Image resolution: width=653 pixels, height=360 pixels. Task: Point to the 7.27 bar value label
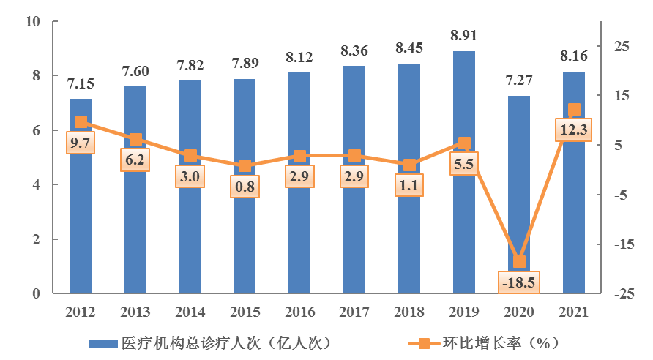(518, 81)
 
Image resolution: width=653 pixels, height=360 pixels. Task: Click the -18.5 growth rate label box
(518, 282)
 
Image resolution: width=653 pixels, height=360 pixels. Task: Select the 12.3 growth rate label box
(574, 130)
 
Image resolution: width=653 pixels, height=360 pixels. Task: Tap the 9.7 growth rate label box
(81, 143)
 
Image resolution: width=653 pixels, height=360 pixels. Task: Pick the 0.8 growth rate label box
(245, 187)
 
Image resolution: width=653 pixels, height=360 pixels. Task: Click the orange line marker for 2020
(518, 261)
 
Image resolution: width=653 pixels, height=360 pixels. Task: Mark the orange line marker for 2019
(463, 143)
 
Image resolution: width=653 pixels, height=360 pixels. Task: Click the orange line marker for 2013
(135, 140)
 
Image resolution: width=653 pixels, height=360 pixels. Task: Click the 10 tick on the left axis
(32, 22)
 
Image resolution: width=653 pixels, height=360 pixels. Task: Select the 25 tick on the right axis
(622, 47)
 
